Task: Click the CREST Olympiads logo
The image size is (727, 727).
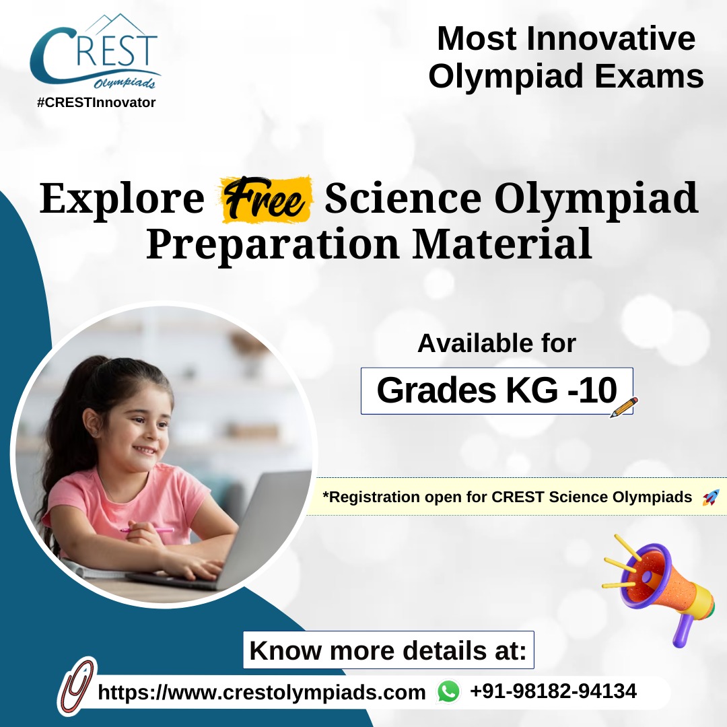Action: pos(95,52)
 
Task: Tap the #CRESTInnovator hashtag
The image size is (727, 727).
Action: pos(96,102)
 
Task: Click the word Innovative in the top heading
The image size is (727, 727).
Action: pos(611,38)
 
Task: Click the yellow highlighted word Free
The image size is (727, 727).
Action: pos(265,199)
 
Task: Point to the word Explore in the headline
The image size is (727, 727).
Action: pos(122,199)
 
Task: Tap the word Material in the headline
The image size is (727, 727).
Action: pos(501,244)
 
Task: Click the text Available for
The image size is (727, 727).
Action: pos(497,343)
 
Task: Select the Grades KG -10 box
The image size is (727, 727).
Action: pos(497,391)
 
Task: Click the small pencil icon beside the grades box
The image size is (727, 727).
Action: pos(623,407)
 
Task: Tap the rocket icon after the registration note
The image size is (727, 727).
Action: pos(711,497)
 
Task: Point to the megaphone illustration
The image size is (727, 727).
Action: pos(658,590)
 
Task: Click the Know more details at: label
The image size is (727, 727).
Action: pos(388,650)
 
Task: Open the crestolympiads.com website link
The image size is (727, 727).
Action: pos(261,692)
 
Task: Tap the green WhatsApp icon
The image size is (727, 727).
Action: pos(448,692)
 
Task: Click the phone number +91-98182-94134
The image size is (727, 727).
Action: pos(553,691)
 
